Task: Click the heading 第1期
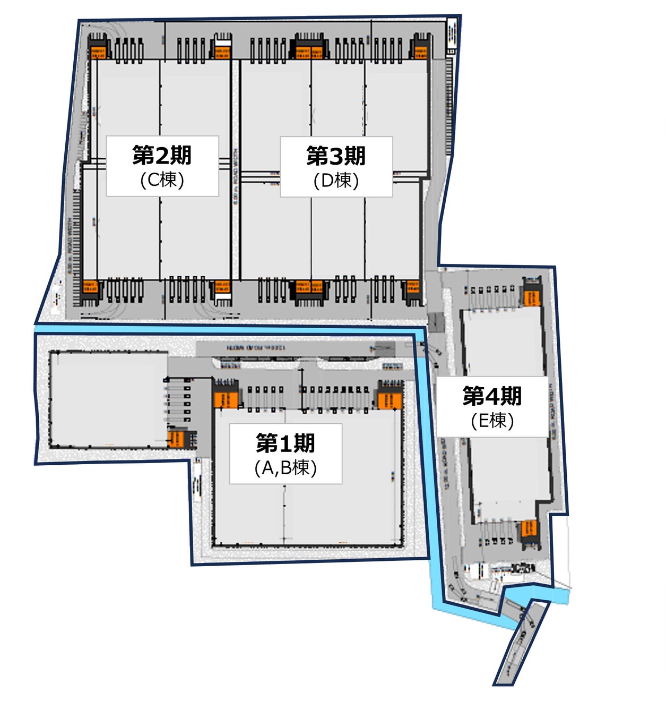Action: (x=286, y=442)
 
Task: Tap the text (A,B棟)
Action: (x=286, y=467)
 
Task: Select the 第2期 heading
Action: (x=162, y=155)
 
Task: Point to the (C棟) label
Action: (x=162, y=180)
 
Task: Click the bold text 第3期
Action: (x=336, y=156)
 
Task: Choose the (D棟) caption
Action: (x=336, y=181)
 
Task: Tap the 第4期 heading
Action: (x=492, y=396)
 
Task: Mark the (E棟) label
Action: (x=492, y=421)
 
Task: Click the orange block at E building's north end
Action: (x=532, y=296)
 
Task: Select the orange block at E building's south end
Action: (x=529, y=528)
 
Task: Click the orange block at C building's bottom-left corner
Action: (x=90, y=287)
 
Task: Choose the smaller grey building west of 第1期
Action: (x=109, y=398)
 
